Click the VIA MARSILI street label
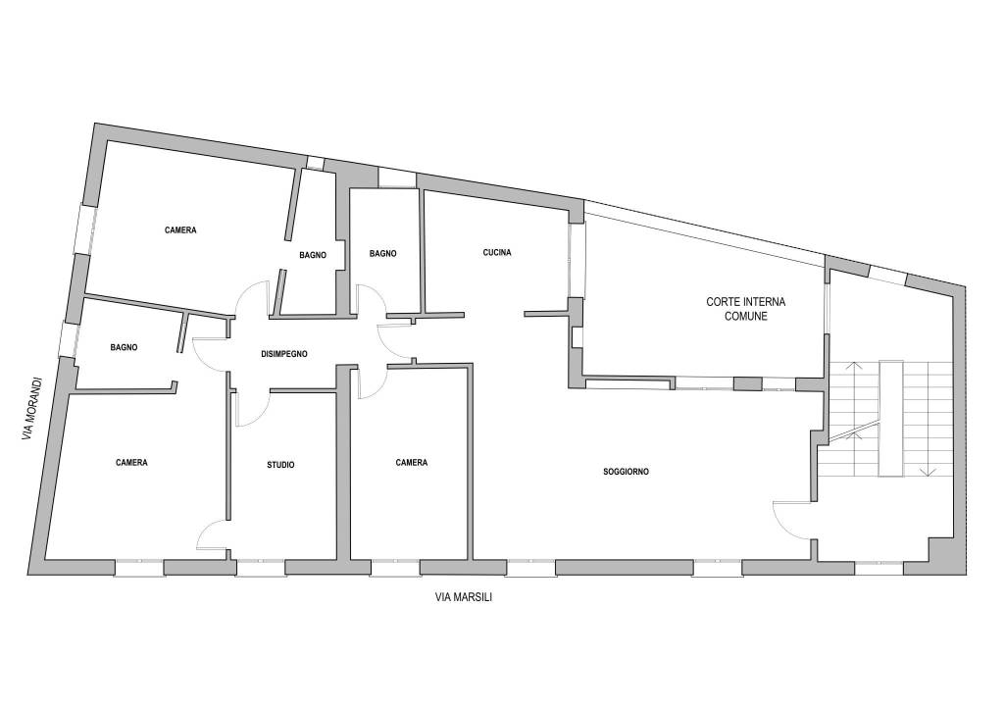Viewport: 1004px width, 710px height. point(464,597)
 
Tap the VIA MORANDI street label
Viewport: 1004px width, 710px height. point(32,409)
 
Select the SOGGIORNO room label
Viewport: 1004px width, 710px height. point(627,472)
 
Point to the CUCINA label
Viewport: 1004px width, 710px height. point(497,252)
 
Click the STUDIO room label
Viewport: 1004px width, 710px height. point(280,465)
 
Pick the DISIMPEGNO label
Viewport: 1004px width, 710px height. point(284,354)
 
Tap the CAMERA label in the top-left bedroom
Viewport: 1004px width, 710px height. point(180,229)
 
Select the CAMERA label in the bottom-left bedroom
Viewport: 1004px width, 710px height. point(132,462)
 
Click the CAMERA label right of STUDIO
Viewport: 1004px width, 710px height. point(411,462)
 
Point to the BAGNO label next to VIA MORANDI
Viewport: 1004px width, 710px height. point(124,347)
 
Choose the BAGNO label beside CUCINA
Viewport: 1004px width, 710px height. point(383,254)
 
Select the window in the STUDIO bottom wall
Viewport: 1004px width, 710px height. point(261,567)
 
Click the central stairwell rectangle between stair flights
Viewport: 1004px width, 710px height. point(891,419)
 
